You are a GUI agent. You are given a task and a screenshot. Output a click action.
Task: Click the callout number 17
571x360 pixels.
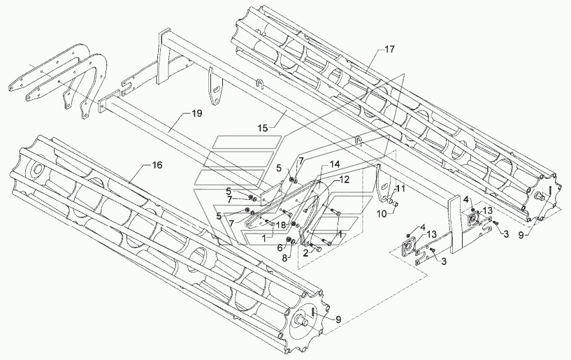pos(389,50)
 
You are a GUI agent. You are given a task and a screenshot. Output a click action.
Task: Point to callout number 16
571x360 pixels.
pos(157,165)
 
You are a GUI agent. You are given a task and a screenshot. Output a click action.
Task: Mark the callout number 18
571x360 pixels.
pos(280,225)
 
